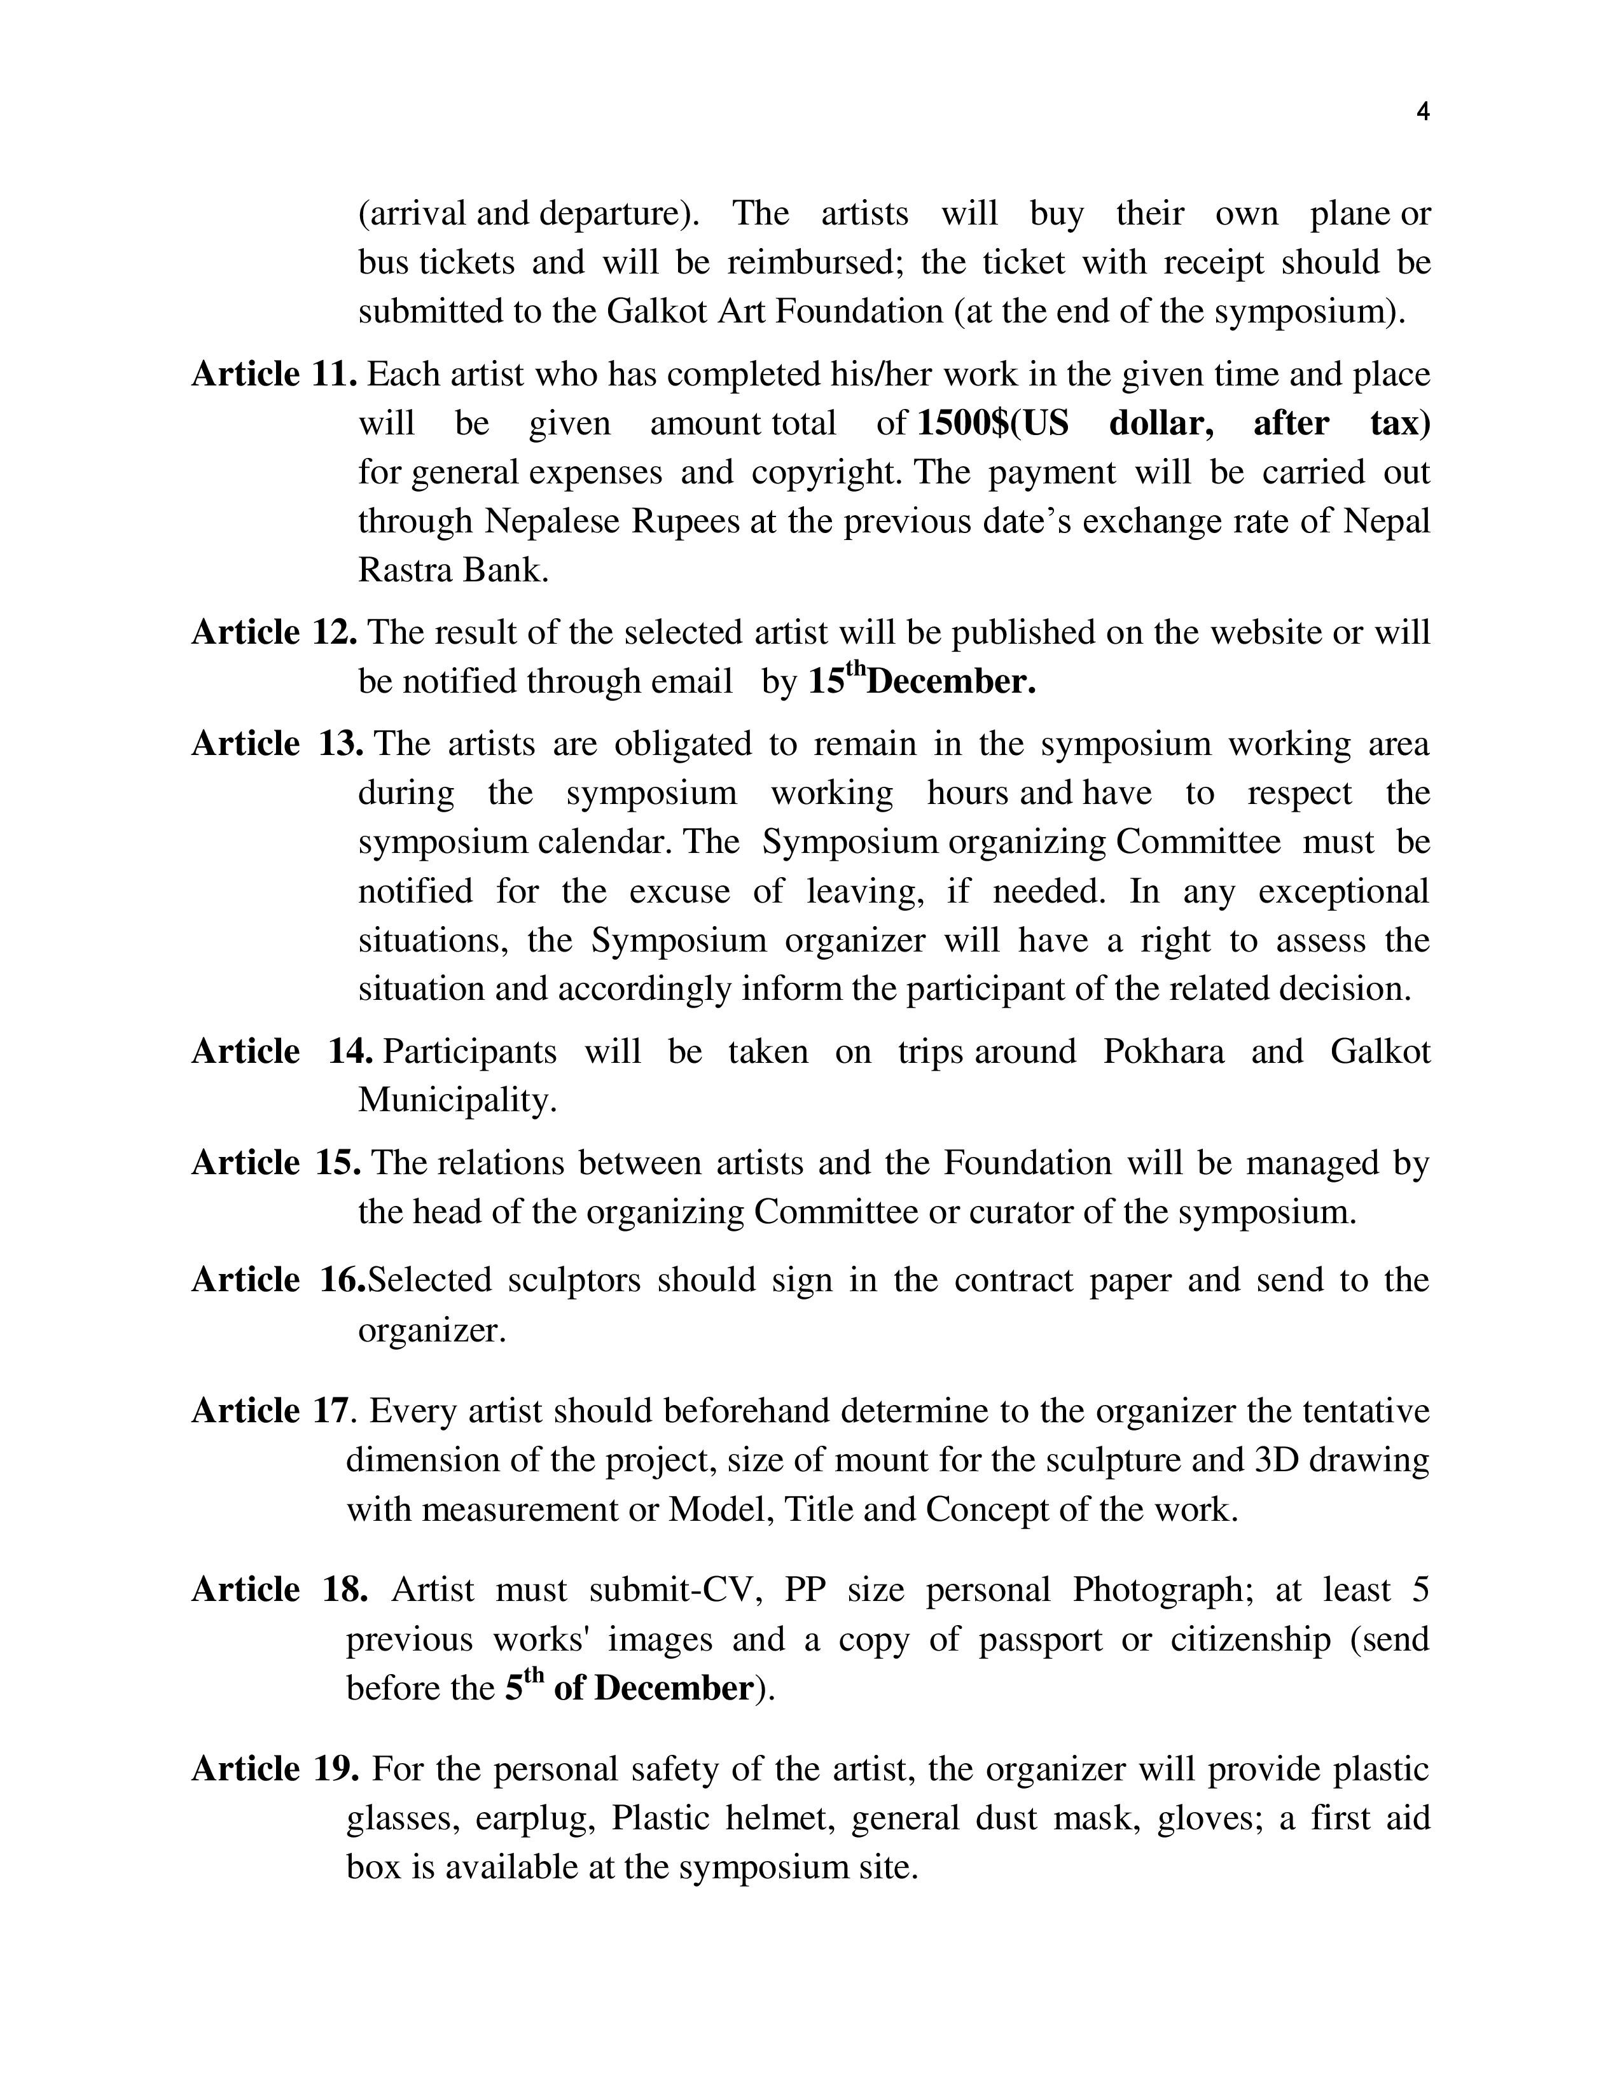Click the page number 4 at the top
1423,113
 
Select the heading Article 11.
275,374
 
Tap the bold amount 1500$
963,423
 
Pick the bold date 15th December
922,681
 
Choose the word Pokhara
1163,1051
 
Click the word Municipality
457,1100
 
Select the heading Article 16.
278,1280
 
